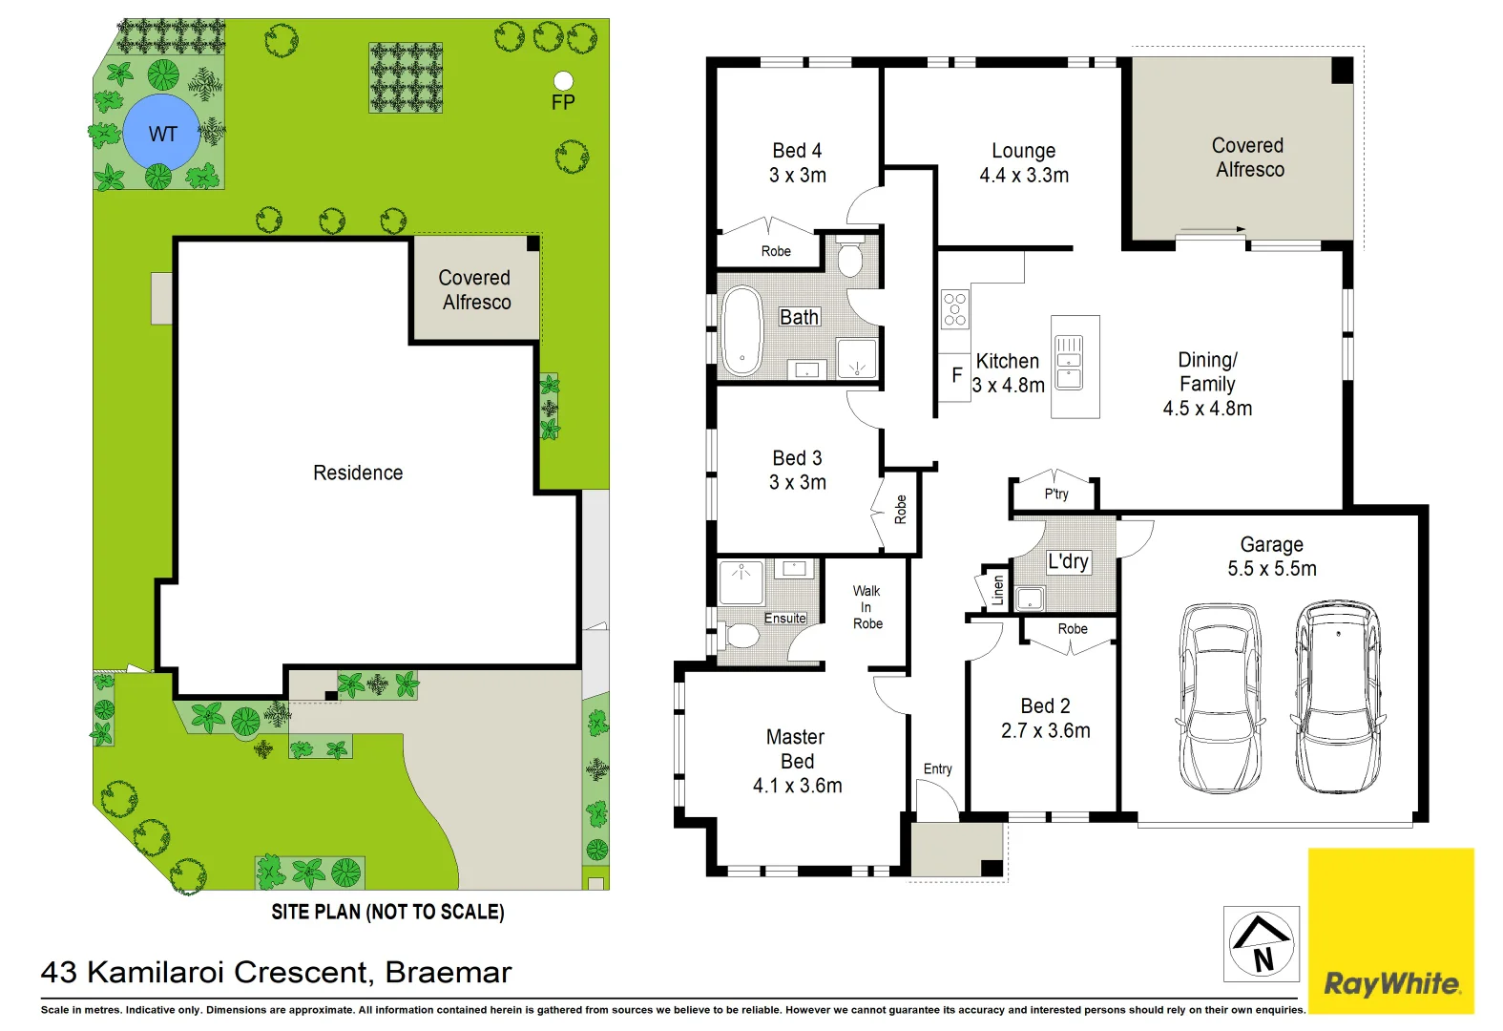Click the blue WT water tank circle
point(161,133)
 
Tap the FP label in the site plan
point(563,102)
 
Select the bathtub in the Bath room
point(742,330)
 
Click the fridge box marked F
point(955,376)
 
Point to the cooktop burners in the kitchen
point(954,309)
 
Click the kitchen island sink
point(1069,363)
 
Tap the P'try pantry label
point(1055,494)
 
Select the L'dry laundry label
point(1067,561)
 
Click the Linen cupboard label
point(997,589)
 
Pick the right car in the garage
point(1337,697)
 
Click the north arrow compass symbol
point(1261,943)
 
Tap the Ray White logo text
point(1391,983)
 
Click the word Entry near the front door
point(937,768)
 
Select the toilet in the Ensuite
point(740,634)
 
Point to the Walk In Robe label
point(866,607)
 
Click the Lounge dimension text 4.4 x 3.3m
point(1023,176)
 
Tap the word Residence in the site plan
point(358,473)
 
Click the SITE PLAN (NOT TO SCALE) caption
point(387,912)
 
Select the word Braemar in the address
point(449,972)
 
